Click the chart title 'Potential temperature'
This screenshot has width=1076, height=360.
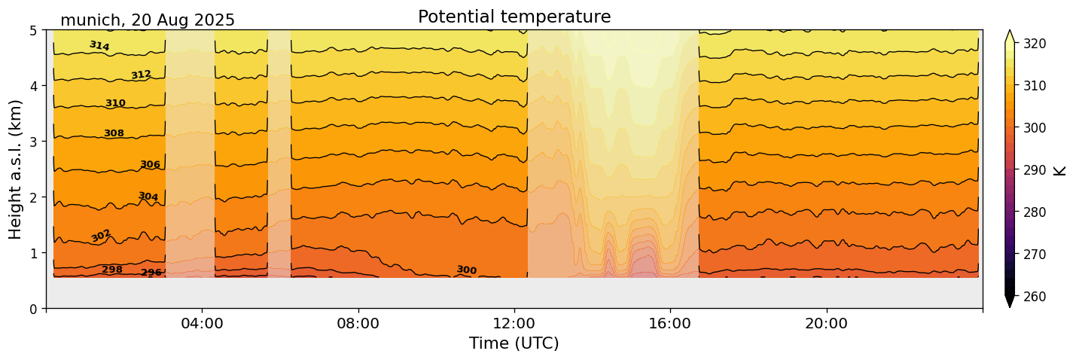[x=514, y=17]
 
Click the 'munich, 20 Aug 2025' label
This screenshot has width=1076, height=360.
[x=148, y=20]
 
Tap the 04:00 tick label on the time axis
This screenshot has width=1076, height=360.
[x=202, y=324]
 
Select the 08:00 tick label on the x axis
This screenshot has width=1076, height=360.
[x=358, y=324]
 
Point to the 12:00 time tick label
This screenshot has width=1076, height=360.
[x=514, y=324]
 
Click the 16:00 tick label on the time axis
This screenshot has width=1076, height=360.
[x=670, y=324]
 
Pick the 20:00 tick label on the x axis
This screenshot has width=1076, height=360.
[x=826, y=324]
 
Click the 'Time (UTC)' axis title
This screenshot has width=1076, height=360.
[x=514, y=343]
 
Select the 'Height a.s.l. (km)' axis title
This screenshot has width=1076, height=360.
[x=16, y=169]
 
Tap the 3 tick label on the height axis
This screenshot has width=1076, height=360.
[x=34, y=142]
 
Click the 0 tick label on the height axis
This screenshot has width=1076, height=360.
[x=34, y=309]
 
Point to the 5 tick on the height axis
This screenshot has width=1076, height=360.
[x=34, y=30]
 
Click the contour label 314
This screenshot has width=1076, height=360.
[x=99, y=46]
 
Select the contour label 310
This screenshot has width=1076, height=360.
[x=115, y=103]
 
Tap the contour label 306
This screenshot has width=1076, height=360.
[x=150, y=164]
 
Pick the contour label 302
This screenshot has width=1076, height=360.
[x=101, y=236]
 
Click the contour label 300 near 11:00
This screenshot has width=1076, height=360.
[x=466, y=270]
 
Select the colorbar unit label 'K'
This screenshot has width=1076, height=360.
[x=1060, y=170]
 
